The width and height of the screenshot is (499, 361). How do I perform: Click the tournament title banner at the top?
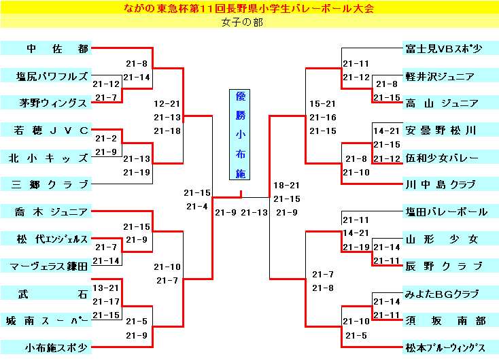[x=249, y=8]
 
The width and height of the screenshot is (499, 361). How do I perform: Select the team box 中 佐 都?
[x=46, y=48]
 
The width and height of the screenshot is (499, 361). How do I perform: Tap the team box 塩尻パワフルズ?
[x=46, y=75]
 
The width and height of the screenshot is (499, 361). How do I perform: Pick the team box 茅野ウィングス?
[x=46, y=103]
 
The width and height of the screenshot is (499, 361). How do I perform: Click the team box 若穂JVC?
[x=46, y=130]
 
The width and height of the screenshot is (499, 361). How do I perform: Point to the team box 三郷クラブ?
[x=46, y=184]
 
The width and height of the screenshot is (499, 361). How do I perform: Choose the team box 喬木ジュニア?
[x=46, y=211]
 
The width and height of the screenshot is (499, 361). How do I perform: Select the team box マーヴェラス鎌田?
[x=46, y=266]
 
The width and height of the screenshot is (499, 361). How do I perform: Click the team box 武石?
[x=46, y=293]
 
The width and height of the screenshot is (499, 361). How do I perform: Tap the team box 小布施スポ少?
[x=46, y=347]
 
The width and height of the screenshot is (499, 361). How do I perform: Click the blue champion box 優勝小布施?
[x=240, y=135]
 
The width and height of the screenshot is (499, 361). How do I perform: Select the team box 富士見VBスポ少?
[x=444, y=48]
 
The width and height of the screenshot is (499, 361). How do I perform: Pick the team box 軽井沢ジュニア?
[x=444, y=75]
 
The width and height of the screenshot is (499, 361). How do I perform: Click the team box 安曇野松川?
[x=444, y=130]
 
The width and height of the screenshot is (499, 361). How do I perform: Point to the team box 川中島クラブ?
[x=444, y=184]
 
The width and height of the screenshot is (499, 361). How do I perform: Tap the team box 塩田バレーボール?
[x=444, y=211]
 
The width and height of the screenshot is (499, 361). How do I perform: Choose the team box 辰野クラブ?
[x=444, y=266]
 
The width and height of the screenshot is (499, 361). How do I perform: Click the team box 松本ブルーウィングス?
[x=444, y=347]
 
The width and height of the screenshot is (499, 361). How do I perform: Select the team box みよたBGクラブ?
[x=444, y=293]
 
